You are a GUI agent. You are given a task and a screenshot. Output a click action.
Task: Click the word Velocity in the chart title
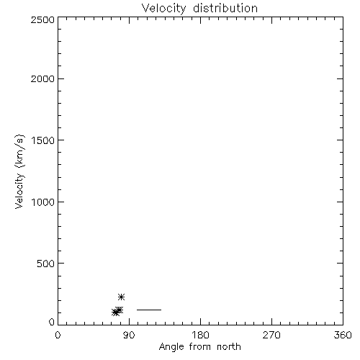tap(163, 9)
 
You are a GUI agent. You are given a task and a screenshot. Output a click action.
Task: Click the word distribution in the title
tap(225, 8)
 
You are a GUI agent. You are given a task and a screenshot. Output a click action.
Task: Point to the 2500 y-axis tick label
tap(42, 19)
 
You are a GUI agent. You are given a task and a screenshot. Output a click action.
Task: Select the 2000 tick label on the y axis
tap(42, 78)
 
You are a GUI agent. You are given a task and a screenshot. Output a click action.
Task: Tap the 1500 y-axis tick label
tap(43, 140)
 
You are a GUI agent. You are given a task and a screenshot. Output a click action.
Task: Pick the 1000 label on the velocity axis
tap(43, 202)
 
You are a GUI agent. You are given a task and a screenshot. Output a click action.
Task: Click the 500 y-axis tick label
tap(46, 264)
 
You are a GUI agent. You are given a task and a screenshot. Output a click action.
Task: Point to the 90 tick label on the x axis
tap(129, 335)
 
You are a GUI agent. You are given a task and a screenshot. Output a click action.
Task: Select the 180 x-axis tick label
tap(200, 335)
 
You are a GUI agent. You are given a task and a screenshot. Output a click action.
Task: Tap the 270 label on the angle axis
tap(271, 335)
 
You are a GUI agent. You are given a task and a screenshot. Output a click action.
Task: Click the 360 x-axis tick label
tap(343, 335)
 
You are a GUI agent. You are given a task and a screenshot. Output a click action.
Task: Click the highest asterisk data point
tap(121, 297)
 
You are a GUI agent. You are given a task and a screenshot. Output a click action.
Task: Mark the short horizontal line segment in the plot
tap(149, 310)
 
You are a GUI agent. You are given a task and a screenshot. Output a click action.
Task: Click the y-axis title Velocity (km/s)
tap(19, 171)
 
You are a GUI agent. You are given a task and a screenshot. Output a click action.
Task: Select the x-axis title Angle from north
tap(199, 347)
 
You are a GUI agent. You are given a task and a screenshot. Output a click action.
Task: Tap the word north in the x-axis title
tap(229, 346)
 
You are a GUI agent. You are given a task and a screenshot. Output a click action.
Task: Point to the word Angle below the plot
tap(171, 347)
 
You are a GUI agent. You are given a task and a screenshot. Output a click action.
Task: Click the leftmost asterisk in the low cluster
tap(115, 312)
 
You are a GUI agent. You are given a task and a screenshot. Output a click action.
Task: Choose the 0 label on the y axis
tap(52, 322)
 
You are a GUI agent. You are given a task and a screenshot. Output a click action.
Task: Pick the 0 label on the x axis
tap(58, 335)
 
